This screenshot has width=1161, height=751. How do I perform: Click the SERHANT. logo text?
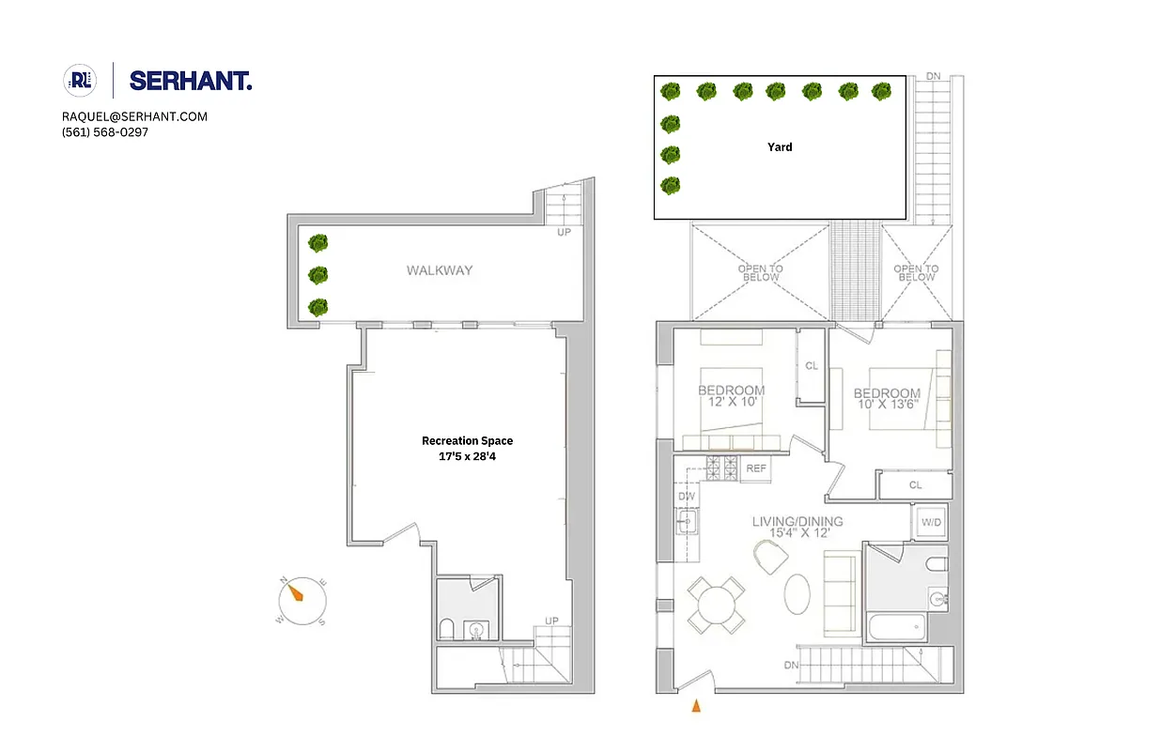(191, 81)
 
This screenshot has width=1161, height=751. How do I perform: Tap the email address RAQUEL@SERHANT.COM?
(134, 116)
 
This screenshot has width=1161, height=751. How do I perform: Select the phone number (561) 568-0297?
(105, 132)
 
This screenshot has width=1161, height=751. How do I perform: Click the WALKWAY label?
(440, 270)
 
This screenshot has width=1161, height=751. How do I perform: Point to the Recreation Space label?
(467, 440)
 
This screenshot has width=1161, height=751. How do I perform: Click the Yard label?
(780, 147)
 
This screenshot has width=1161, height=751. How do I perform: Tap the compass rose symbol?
(302, 598)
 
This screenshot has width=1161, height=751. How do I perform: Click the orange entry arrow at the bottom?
(696, 706)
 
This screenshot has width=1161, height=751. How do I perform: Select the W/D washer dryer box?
(932, 521)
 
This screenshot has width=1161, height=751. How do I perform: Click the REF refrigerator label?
(756, 467)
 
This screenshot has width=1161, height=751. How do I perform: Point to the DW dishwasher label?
(686, 497)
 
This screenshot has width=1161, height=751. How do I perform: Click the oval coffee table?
(798, 593)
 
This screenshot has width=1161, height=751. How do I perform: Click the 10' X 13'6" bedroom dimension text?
(887, 406)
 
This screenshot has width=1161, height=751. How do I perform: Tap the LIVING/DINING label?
(797, 522)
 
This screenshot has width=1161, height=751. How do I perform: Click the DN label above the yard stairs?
(934, 77)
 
